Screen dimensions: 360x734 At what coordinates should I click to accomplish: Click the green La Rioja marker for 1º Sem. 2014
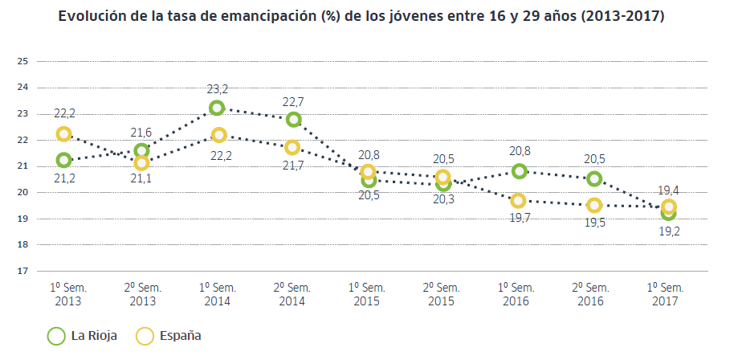[x=217, y=108]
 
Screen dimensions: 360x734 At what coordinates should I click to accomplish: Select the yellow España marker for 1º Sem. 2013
[x=63, y=133]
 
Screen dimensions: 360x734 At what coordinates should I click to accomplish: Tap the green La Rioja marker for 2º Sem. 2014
[x=293, y=120]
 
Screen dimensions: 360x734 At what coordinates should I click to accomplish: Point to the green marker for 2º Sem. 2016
[x=594, y=178]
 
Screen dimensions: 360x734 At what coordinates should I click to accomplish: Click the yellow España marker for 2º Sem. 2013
[x=141, y=163]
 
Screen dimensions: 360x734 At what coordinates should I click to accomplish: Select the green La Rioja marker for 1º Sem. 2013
[x=63, y=160]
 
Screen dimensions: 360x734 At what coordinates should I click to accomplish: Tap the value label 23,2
[x=217, y=89]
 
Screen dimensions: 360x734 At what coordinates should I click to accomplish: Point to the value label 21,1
[x=141, y=181]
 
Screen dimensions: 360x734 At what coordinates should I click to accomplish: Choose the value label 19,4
[x=669, y=190]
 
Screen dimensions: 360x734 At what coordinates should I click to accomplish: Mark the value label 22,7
[x=293, y=102]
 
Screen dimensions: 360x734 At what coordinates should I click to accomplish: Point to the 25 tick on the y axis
[x=22, y=61]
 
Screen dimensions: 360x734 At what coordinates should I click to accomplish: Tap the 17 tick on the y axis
[x=22, y=271]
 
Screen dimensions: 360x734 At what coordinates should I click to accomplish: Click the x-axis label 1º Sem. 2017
[x=666, y=294]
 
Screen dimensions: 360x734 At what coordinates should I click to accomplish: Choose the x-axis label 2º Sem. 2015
[x=440, y=294]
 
